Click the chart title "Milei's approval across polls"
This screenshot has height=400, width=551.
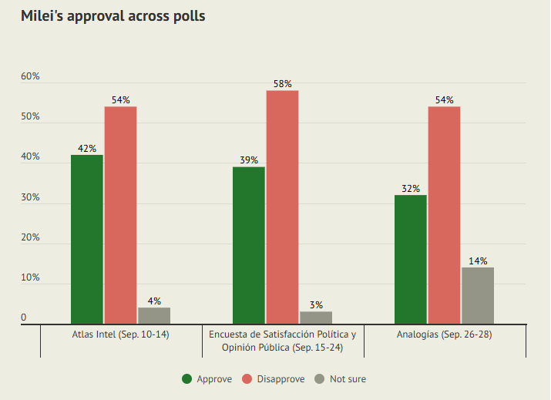point(113,16)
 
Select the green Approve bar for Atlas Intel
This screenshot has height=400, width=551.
point(87,239)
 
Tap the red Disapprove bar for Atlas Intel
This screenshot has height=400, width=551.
point(121,215)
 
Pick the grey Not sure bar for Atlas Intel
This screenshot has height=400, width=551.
point(154,315)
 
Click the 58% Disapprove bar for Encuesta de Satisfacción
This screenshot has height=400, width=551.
point(282,207)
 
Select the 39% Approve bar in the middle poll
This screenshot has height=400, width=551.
point(249,245)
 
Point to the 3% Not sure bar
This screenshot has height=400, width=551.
point(316,318)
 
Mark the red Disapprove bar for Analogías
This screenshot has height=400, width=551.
point(444,215)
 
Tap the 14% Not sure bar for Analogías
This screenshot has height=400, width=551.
point(478,295)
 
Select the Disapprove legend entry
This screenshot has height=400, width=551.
point(274,378)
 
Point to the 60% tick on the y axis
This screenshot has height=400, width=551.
point(30,77)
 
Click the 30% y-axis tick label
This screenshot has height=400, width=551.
point(30,197)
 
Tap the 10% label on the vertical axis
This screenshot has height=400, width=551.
point(30,277)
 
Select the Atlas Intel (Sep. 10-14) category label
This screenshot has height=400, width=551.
point(121,335)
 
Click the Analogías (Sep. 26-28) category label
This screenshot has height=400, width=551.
point(445,335)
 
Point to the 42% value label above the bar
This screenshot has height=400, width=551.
point(87,149)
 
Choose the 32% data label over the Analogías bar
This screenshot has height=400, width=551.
point(411,189)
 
